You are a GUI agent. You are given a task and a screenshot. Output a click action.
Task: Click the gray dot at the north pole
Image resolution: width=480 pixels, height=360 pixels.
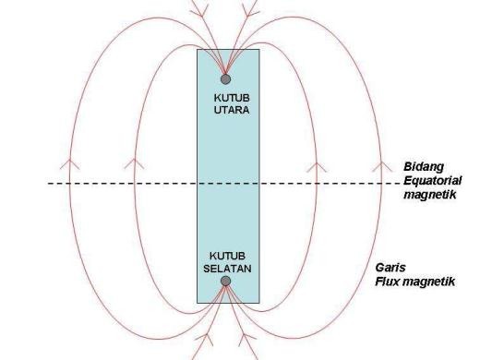click(x=225, y=79)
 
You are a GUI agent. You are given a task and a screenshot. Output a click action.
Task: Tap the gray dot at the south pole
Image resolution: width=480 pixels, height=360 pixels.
click(x=225, y=281)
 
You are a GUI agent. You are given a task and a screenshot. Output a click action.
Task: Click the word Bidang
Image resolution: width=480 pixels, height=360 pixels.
click(x=421, y=166)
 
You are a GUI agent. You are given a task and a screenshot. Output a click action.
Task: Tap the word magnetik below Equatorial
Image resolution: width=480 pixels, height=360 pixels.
click(x=428, y=195)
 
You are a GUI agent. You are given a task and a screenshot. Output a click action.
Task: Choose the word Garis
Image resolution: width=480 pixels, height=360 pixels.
click(x=414, y=267)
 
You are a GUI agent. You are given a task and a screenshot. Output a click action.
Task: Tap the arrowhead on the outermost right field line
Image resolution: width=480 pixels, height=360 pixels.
click(x=380, y=166)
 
